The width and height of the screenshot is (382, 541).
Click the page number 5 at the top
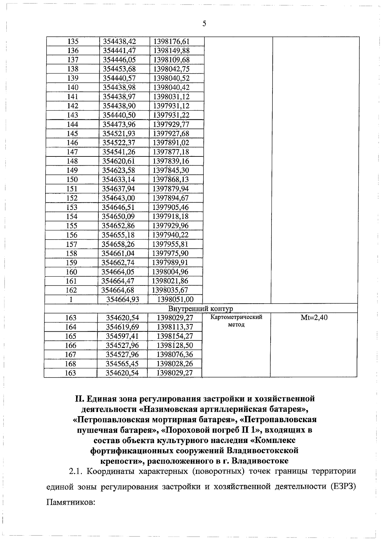click(x=204, y=24)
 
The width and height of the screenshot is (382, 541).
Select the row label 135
click(x=73, y=41)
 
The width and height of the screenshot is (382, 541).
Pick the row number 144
click(x=73, y=124)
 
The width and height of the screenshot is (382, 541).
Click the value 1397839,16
click(x=171, y=161)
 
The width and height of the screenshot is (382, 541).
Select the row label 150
click(x=72, y=180)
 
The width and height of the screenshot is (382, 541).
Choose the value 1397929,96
click(x=171, y=226)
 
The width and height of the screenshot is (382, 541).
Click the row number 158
click(x=72, y=254)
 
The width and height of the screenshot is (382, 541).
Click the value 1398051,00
click(x=175, y=299)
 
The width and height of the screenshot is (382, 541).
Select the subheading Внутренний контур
click(x=200, y=309)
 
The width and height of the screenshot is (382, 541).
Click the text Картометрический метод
click(x=236, y=321)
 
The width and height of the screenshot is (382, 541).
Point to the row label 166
click(x=71, y=345)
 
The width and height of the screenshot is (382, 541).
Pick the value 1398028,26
click(x=175, y=364)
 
